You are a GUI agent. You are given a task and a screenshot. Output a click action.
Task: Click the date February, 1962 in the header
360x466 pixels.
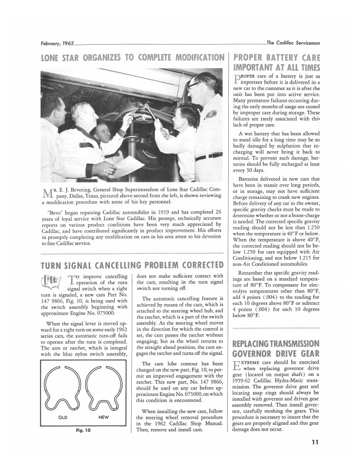coord(57,43)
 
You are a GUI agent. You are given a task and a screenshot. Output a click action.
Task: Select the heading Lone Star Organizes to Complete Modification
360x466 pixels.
coord(132,58)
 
